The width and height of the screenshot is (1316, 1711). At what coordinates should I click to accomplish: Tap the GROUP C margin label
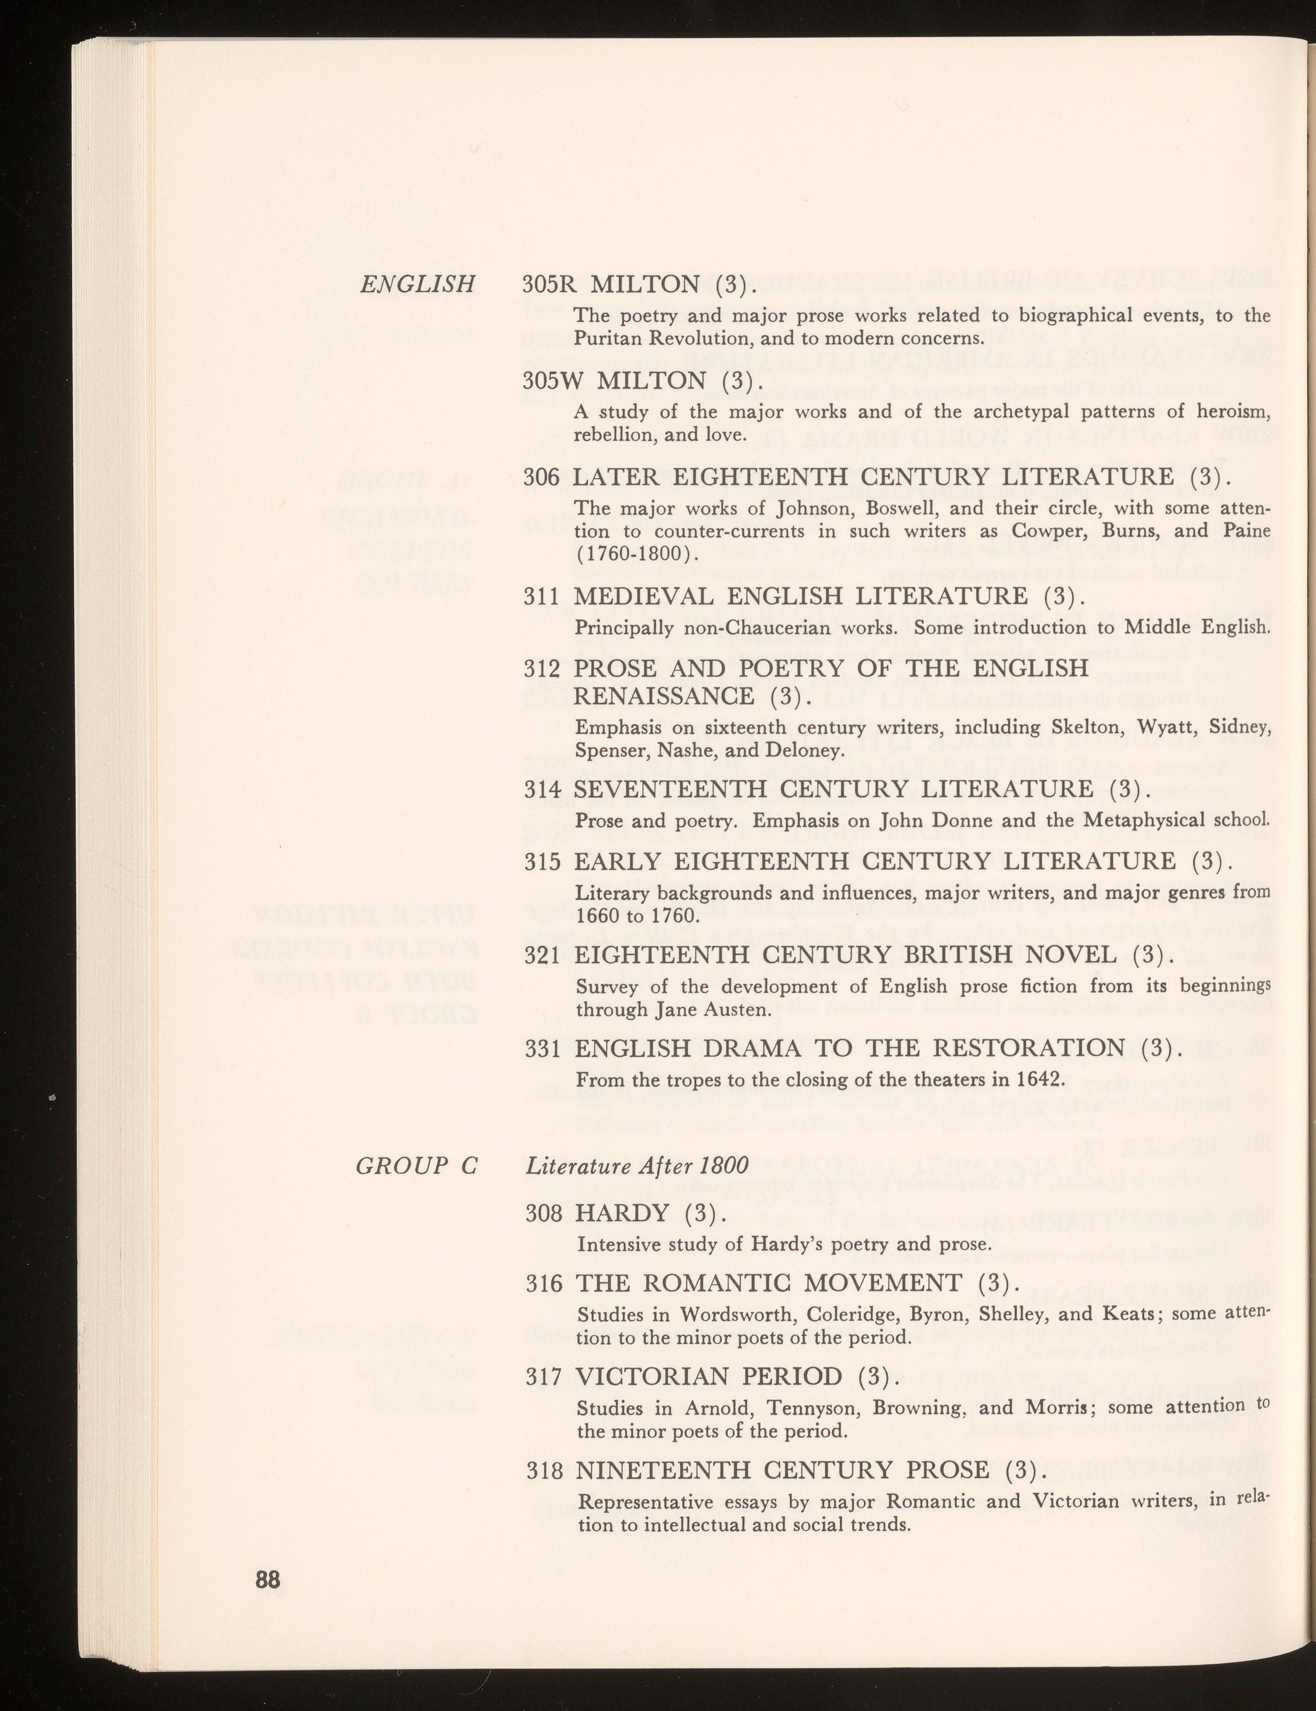(x=416, y=1166)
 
